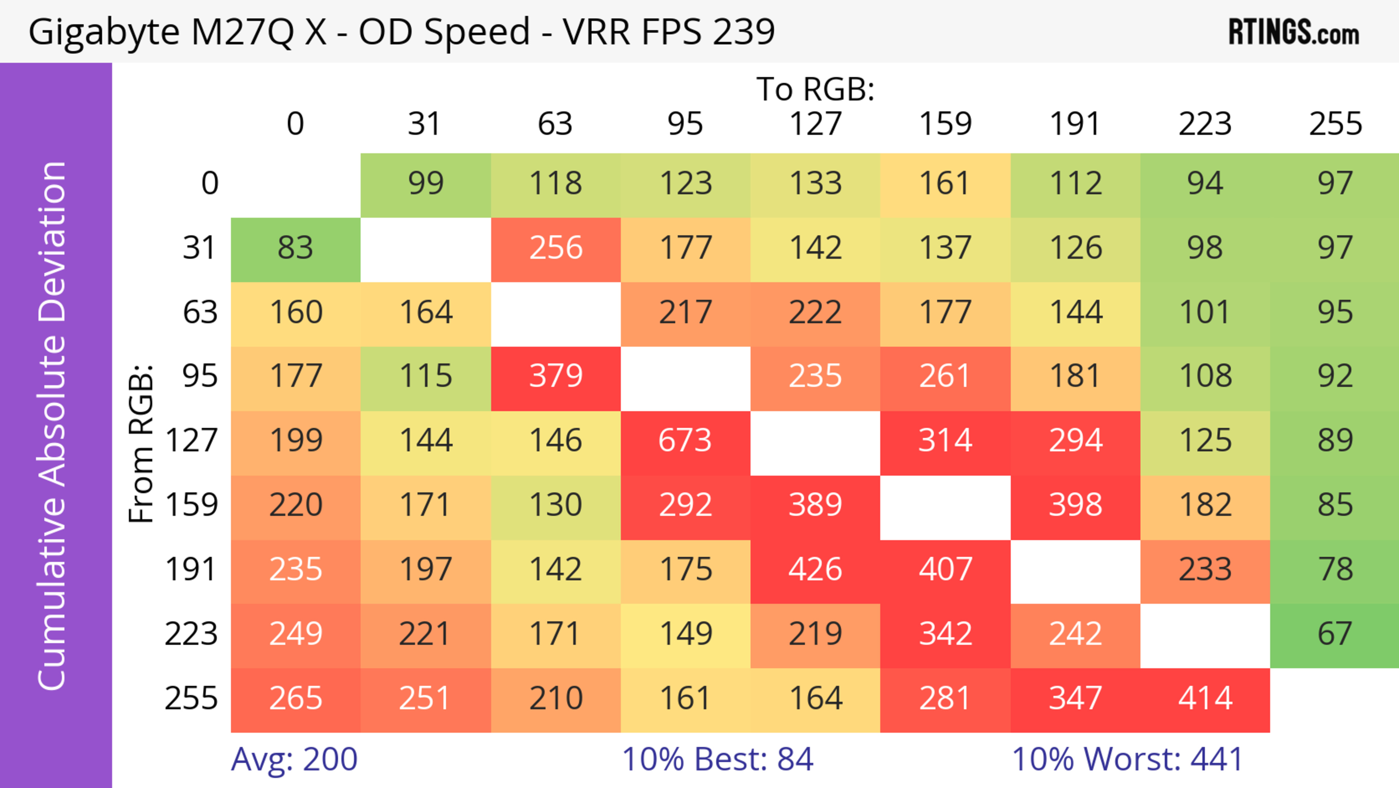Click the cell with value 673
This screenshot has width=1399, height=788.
(x=685, y=440)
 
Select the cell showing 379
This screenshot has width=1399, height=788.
(x=556, y=376)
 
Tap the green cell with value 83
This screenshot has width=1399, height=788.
(x=295, y=248)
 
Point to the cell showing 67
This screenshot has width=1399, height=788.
(x=1335, y=634)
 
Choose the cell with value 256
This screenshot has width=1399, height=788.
(x=556, y=248)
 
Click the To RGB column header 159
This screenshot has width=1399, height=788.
(x=945, y=124)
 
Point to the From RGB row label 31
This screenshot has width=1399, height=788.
(x=200, y=248)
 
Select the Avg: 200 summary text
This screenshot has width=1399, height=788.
(x=294, y=759)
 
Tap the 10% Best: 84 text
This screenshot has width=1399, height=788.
(x=717, y=759)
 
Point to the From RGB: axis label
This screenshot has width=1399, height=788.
(x=141, y=443)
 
